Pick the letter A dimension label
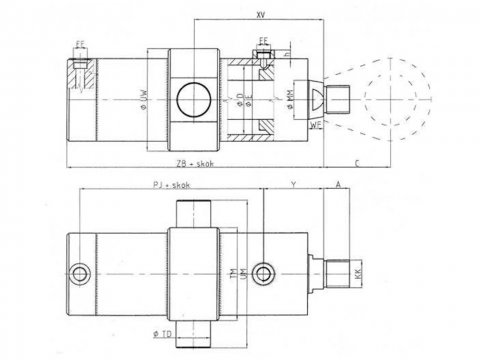click(338, 187)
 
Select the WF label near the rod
click(315, 125)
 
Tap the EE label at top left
click(79, 44)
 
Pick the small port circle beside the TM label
click(263, 272)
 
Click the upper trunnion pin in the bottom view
click(193, 213)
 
